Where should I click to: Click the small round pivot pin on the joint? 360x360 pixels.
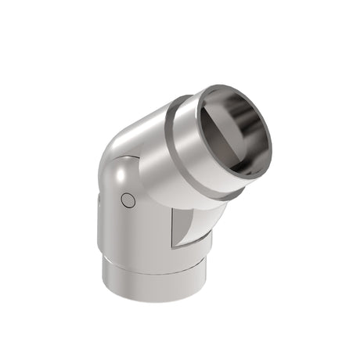tap(129, 201)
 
